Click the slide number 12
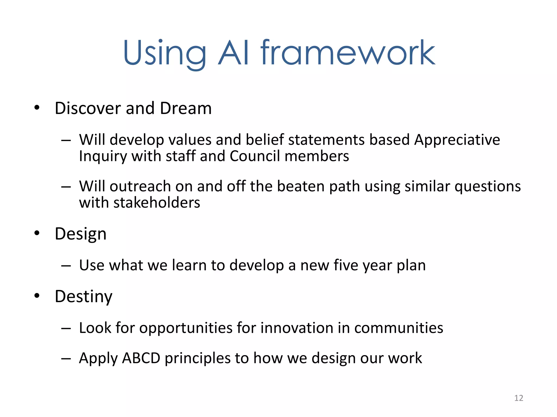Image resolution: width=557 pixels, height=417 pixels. pyautogui.click(x=519, y=398)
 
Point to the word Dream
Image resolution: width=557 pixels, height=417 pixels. pyautogui.click(x=186, y=108)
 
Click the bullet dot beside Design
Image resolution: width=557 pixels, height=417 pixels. pyautogui.click(x=37, y=233)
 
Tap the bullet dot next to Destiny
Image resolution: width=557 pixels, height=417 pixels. pyautogui.click(x=37, y=296)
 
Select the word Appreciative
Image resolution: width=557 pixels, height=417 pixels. pyautogui.click(x=457, y=140)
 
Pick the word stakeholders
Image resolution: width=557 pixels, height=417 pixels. pyautogui.click(x=157, y=203)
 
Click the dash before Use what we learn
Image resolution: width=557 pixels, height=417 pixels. pyautogui.click(x=66, y=266)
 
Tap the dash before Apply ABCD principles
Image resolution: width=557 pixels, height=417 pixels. pyautogui.click(x=66, y=359)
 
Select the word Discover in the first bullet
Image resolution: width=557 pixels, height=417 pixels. pyautogui.click(x=88, y=108)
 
